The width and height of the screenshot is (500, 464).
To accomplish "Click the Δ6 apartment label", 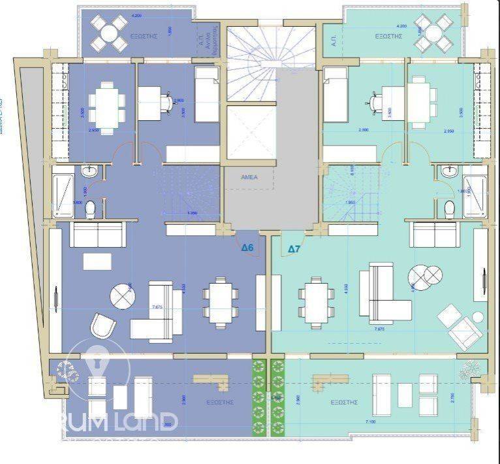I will pyautogui.click(x=247, y=248).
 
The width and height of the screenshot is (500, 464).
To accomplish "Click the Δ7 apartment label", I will pyautogui.click(x=294, y=248).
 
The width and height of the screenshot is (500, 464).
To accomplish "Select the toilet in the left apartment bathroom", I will pyautogui.click(x=91, y=209).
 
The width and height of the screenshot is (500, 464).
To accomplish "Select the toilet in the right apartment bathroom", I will pyautogui.click(x=448, y=209).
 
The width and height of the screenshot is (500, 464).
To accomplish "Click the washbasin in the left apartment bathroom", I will pyautogui.click(x=90, y=172).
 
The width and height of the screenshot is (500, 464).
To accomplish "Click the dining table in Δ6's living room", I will pyautogui.click(x=217, y=301).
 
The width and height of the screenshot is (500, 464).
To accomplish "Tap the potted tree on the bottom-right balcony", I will pyautogui.click(x=470, y=371).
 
